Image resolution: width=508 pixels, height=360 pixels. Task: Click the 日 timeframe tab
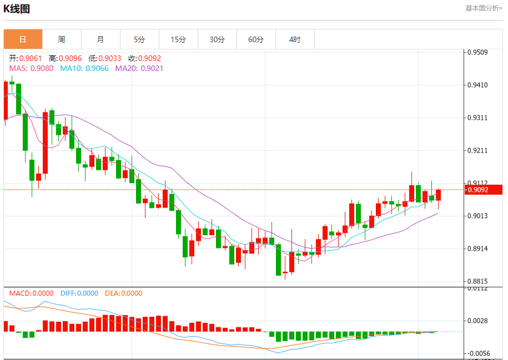(x=23, y=39)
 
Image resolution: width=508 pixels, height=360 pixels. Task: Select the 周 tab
(x=62, y=39)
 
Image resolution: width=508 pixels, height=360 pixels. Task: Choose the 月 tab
(x=100, y=39)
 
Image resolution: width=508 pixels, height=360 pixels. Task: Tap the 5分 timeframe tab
(x=139, y=39)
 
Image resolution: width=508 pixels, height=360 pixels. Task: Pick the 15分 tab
(x=178, y=39)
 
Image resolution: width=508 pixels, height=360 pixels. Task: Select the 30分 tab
(x=217, y=39)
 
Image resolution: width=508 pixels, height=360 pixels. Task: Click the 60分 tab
(x=256, y=39)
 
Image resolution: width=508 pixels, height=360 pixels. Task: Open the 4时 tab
(x=295, y=39)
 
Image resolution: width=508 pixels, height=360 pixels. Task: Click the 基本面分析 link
(x=484, y=8)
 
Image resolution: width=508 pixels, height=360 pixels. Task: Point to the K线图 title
(x=17, y=9)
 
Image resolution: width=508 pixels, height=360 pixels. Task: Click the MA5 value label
(x=31, y=68)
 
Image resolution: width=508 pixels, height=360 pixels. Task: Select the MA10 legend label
(x=84, y=68)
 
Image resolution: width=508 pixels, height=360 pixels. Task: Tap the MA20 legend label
(x=139, y=68)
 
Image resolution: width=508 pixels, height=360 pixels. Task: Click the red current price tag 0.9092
(x=482, y=190)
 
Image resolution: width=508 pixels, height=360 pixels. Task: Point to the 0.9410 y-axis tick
(x=477, y=85)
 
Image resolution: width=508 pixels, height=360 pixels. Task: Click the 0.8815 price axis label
(x=477, y=281)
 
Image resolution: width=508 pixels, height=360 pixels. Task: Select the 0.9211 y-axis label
(x=477, y=150)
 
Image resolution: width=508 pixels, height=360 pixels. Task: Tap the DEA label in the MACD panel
(x=123, y=293)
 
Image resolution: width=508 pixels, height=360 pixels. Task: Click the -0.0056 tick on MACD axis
(x=477, y=353)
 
